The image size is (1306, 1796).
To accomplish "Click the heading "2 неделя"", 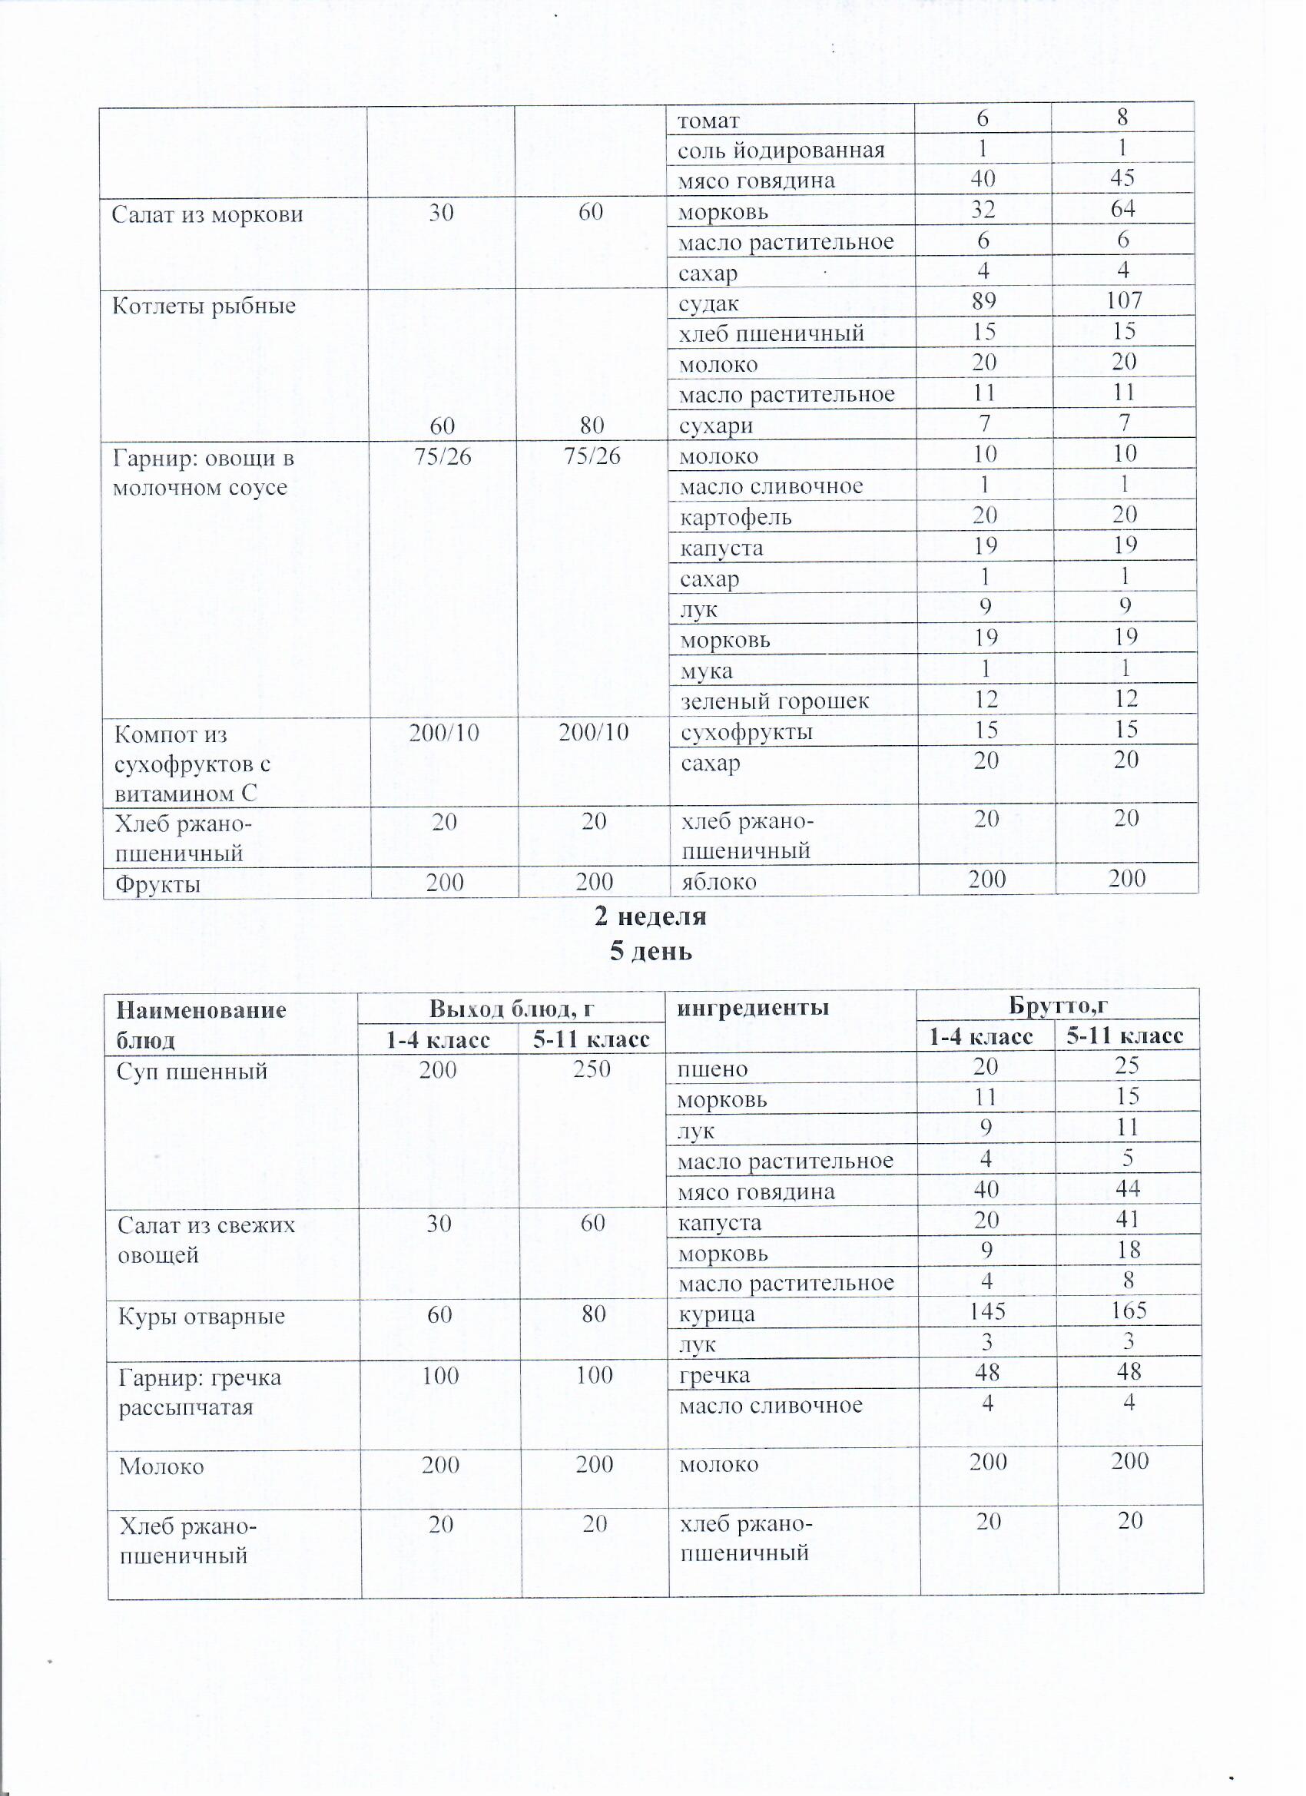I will [x=650, y=916].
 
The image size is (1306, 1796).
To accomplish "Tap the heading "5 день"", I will [x=650, y=951].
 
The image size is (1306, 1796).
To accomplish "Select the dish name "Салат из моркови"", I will [x=207, y=214].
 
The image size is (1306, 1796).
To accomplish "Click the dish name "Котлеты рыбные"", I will [x=204, y=307].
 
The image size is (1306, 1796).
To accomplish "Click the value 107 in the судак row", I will [x=1123, y=301].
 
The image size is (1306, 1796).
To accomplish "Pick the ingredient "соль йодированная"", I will [x=781, y=151].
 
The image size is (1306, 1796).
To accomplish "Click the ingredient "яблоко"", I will [x=718, y=882].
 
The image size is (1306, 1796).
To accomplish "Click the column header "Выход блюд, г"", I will [x=511, y=1008].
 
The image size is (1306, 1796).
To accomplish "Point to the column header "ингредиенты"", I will [x=752, y=1008].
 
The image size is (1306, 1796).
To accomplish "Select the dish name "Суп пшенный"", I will [x=191, y=1072].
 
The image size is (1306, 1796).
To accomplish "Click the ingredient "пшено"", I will [x=713, y=1070].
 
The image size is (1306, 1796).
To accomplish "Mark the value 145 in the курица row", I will [x=987, y=1311].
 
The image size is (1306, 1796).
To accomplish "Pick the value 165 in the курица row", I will [x=1128, y=1311].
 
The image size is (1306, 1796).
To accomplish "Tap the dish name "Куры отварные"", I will [x=201, y=1317].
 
